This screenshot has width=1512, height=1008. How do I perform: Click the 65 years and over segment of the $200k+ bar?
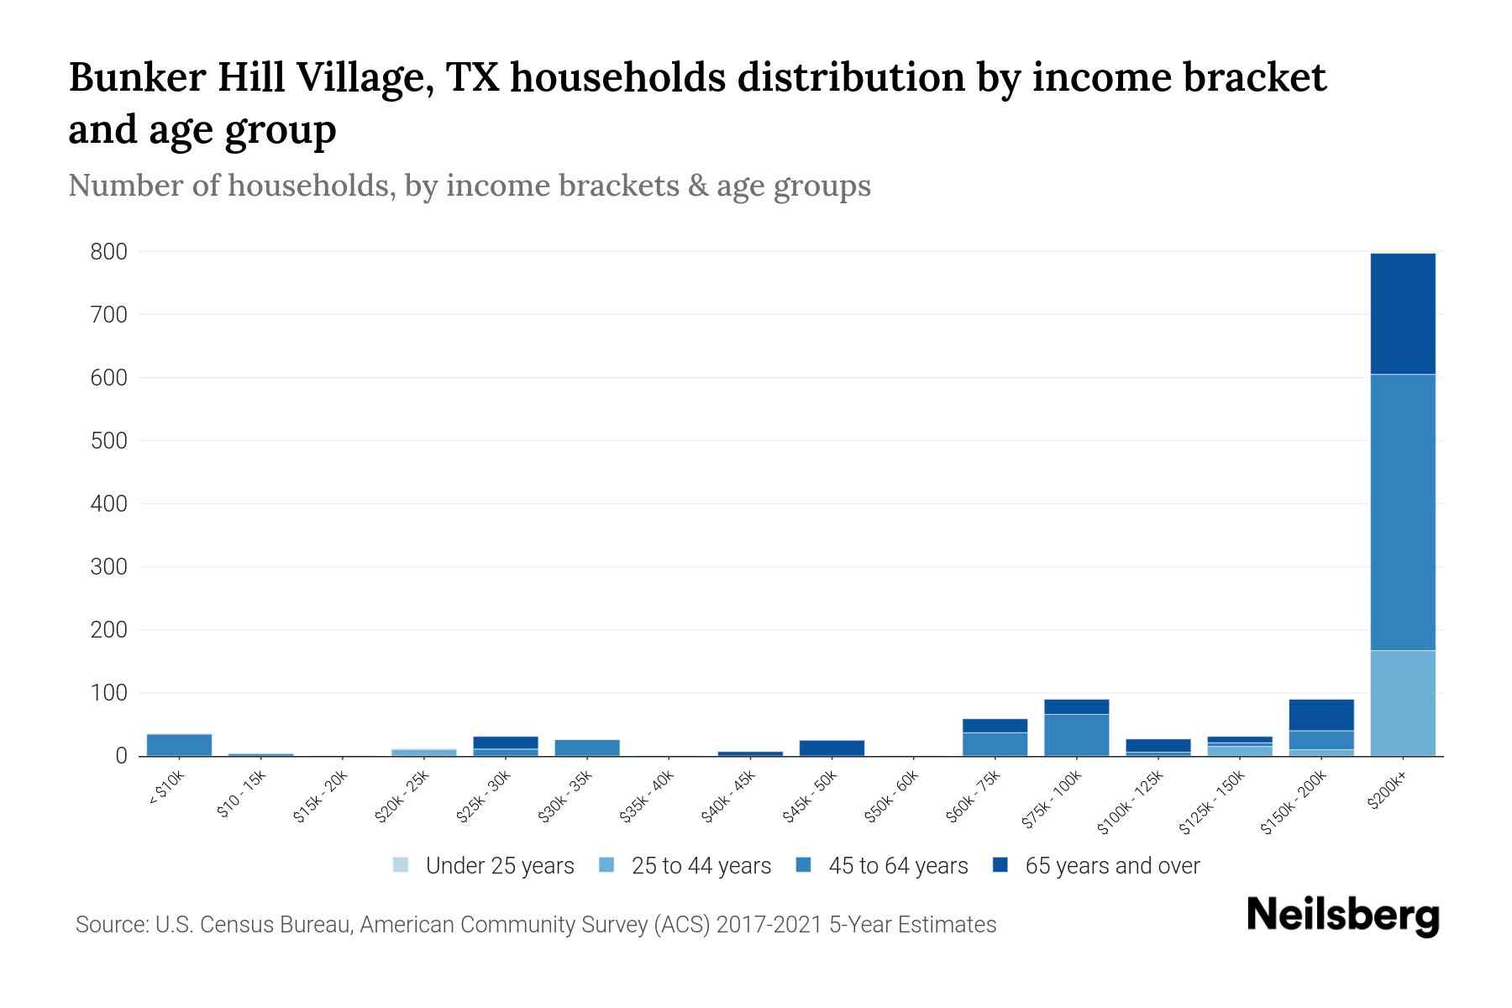[1402, 313]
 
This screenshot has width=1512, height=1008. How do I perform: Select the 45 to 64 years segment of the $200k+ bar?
[1402, 512]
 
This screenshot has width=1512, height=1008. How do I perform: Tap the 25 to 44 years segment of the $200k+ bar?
[1402, 703]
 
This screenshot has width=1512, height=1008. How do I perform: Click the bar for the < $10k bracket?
[179, 745]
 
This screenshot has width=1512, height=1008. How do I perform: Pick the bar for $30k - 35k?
[587, 748]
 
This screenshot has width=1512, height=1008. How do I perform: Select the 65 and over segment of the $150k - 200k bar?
[1320, 715]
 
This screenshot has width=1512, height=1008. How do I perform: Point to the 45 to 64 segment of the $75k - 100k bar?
[1076, 735]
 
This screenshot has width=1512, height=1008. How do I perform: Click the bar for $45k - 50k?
[832, 748]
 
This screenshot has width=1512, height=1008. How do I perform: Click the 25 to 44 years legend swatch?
[606, 865]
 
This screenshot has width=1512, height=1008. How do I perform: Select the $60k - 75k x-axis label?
[974, 798]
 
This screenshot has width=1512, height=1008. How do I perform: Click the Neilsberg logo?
[1342, 916]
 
